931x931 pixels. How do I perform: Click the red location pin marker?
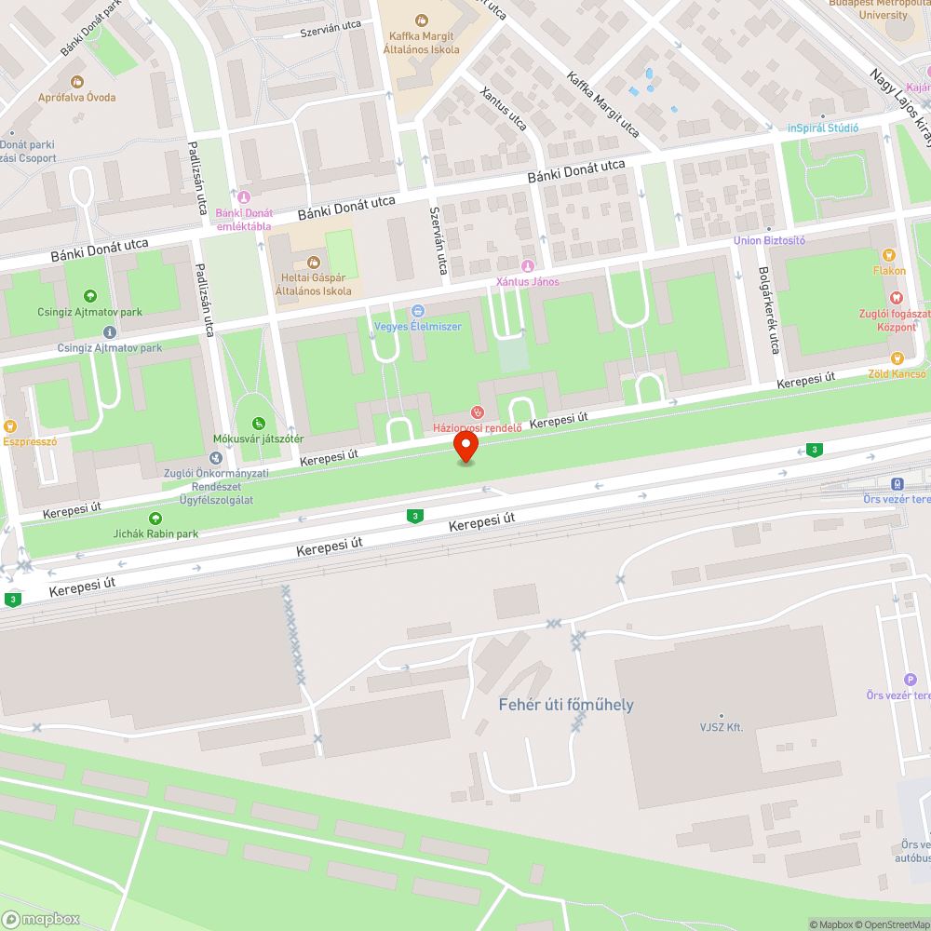(x=465, y=445)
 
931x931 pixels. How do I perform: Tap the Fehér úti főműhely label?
(x=566, y=705)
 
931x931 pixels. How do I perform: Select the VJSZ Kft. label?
(x=722, y=727)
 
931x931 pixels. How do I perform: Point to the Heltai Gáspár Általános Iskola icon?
(x=313, y=263)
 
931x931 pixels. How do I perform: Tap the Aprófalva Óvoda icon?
(x=76, y=82)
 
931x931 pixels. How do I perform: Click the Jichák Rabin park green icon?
(x=154, y=518)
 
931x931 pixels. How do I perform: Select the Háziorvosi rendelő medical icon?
(x=477, y=412)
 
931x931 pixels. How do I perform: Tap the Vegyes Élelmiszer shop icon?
(x=418, y=311)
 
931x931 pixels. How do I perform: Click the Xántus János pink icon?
(x=528, y=266)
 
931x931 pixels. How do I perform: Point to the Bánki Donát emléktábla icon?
(x=243, y=196)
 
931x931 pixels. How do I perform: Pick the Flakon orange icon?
(x=888, y=255)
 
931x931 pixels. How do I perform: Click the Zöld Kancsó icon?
(x=897, y=358)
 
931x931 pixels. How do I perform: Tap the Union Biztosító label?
(x=769, y=240)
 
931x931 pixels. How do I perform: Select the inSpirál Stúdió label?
(x=823, y=128)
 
